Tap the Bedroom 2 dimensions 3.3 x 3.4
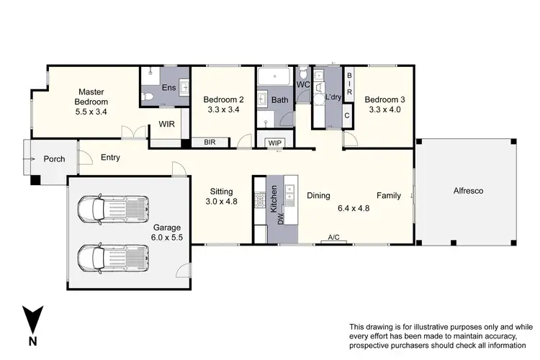tap(222, 111)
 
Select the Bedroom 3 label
tap(383, 99)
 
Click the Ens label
tap(168, 88)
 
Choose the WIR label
tap(167, 124)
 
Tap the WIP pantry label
tap(275, 143)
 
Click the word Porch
tap(54, 159)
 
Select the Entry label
tap(110, 158)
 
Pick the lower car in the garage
tap(114, 258)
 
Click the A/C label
tap(333, 237)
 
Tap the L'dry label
tap(333, 97)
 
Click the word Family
tap(390, 195)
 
